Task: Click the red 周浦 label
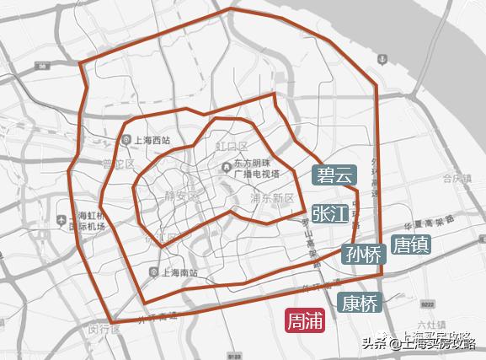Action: [304, 321]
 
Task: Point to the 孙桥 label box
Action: [363, 253]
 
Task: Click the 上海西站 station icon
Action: [125, 141]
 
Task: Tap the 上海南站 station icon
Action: [152, 271]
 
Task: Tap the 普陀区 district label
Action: [118, 164]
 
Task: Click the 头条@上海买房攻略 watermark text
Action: [419, 341]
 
